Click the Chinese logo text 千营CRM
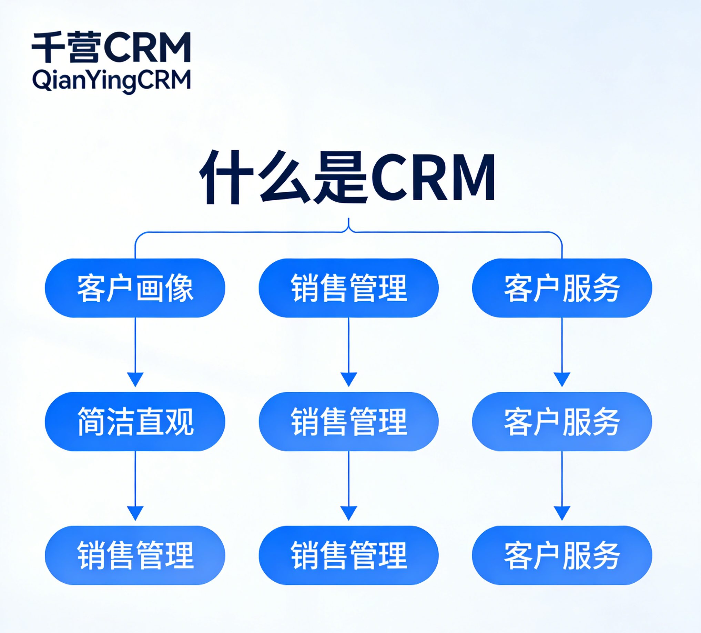[111, 47]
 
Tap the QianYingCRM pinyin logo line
[111, 80]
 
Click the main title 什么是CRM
[348, 177]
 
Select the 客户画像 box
[135, 288]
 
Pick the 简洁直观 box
[135, 422]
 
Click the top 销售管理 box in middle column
[348, 288]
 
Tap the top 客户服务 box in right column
[561, 288]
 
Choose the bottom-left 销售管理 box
[135, 555]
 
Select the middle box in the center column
[348, 422]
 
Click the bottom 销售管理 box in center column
[348, 555]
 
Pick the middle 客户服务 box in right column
[561, 422]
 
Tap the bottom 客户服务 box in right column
[561, 555]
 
